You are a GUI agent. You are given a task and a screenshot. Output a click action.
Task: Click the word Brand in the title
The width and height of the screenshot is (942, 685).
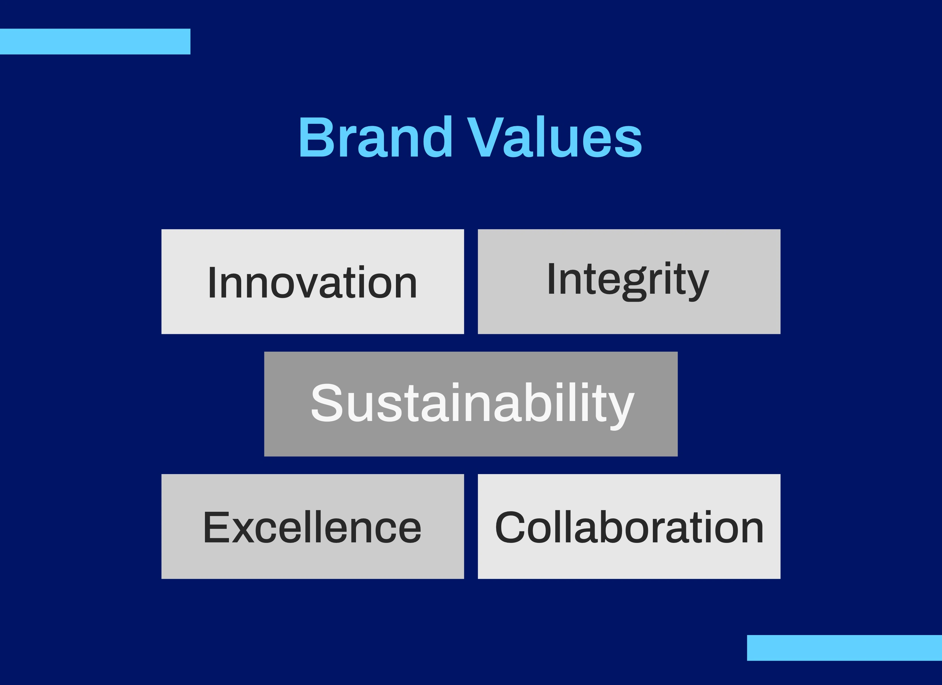(375, 137)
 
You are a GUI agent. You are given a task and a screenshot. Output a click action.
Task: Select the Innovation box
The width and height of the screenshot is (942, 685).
(312, 282)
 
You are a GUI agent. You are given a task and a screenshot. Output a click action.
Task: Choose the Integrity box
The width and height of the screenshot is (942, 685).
(629, 282)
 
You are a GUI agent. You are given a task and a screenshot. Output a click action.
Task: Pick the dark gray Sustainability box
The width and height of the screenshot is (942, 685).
(471, 404)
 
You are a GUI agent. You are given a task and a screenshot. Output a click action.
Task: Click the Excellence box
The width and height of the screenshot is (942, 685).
(312, 526)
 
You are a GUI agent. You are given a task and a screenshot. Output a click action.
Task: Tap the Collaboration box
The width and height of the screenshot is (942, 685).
(629, 526)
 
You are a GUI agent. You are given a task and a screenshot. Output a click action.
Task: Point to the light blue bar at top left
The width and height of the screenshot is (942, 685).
(95, 42)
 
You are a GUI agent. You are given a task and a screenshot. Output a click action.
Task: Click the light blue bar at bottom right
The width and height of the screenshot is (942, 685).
(844, 648)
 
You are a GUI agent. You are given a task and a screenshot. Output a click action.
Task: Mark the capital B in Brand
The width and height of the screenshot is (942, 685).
(317, 137)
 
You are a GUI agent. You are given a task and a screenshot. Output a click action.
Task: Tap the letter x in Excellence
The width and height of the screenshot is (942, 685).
(243, 532)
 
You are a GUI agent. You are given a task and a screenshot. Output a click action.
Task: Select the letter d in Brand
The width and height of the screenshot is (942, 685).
(438, 137)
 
